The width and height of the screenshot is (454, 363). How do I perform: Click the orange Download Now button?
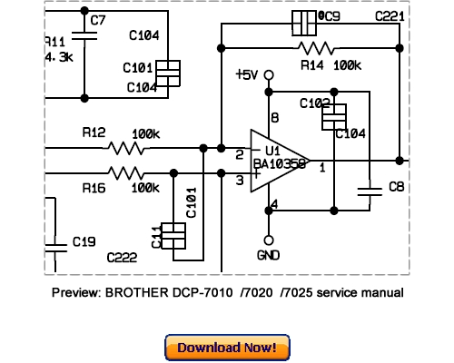coord(227,348)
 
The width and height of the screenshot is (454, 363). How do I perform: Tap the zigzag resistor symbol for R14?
coord(314,47)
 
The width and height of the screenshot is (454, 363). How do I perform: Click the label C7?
coord(98,19)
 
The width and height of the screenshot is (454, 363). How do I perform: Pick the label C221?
coord(390,17)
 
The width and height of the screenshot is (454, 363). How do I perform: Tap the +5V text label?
coord(248,75)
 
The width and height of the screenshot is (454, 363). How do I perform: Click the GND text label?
coord(269,255)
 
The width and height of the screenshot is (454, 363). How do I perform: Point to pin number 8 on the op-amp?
coord(275,118)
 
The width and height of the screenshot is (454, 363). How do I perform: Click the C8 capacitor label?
coord(397,187)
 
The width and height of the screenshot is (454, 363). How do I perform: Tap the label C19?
coord(84,242)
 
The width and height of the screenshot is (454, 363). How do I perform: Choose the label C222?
coord(122,258)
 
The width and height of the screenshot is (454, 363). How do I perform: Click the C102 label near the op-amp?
coord(313,104)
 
